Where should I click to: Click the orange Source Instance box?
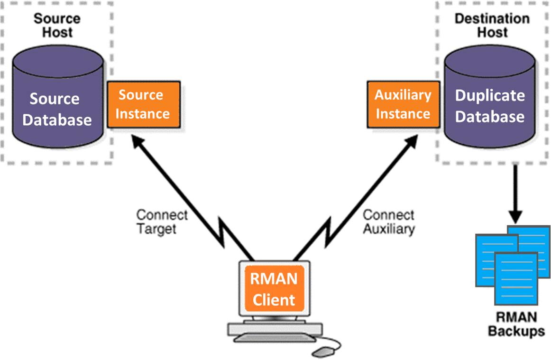(143, 104)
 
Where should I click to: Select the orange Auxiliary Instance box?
(403, 104)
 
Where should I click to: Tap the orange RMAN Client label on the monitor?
(274, 289)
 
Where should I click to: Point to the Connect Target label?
(162, 222)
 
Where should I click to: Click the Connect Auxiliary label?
(389, 222)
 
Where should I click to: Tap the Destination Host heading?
(492, 26)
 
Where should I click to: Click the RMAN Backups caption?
(516, 324)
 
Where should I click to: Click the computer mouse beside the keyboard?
(324, 351)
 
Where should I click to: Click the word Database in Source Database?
(57, 120)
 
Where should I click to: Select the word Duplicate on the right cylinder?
(490, 95)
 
